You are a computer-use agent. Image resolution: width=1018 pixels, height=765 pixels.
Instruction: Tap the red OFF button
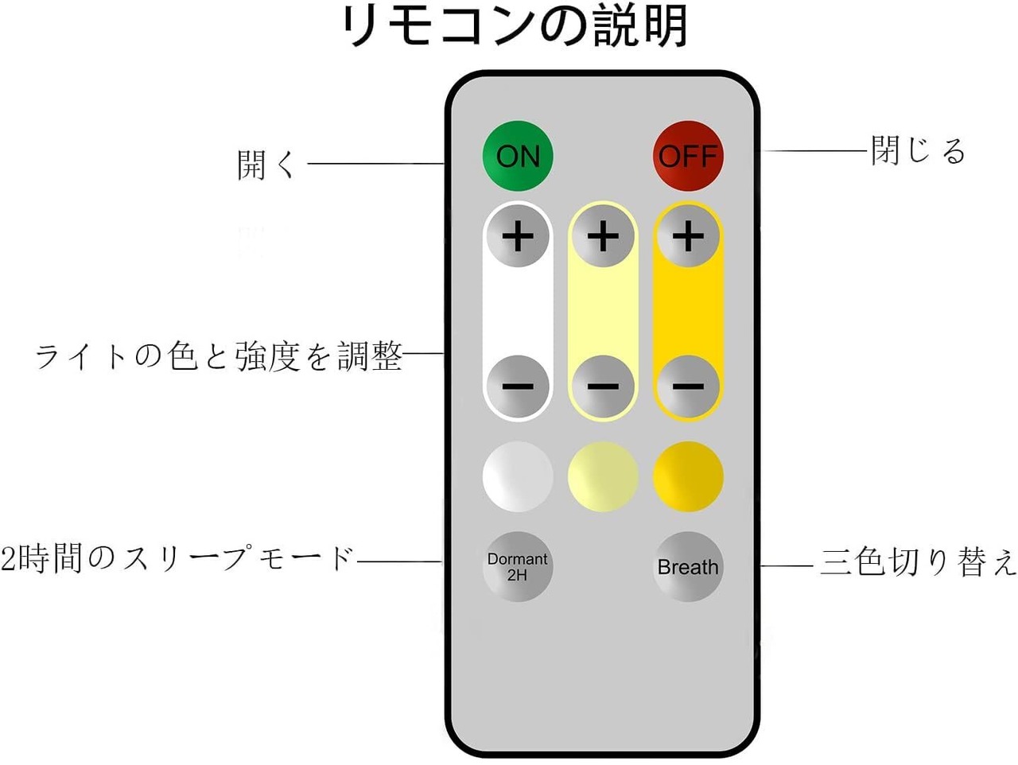click(688, 156)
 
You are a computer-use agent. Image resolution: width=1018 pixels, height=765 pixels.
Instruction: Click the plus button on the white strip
click(518, 236)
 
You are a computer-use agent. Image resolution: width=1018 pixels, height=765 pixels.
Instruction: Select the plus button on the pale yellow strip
click(603, 236)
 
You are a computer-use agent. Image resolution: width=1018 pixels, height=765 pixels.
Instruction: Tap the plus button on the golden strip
click(688, 236)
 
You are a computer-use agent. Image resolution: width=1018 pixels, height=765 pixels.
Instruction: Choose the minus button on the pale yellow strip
click(603, 386)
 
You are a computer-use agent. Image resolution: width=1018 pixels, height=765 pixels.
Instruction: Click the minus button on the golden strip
click(688, 386)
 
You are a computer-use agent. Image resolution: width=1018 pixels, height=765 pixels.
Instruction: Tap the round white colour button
click(518, 476)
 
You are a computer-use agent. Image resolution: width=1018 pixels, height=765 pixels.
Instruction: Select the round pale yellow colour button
click(603, 476)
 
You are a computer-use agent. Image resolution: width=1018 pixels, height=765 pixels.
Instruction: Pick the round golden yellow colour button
click(688, 476)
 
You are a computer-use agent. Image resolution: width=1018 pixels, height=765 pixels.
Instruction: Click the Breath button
click(688, 566)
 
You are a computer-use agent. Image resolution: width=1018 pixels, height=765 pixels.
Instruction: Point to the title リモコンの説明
click(513, 26)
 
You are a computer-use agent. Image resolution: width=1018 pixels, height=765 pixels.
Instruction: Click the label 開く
click(266, 165)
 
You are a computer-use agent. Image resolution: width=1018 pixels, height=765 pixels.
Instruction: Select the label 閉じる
click(918, 150)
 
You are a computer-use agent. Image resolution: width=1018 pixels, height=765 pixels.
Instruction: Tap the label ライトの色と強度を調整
click(219, 355)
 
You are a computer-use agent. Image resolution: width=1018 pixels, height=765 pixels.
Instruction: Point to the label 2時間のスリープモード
click(177, 558)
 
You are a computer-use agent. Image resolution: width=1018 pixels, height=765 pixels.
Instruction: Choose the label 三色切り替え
click(918, 562)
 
